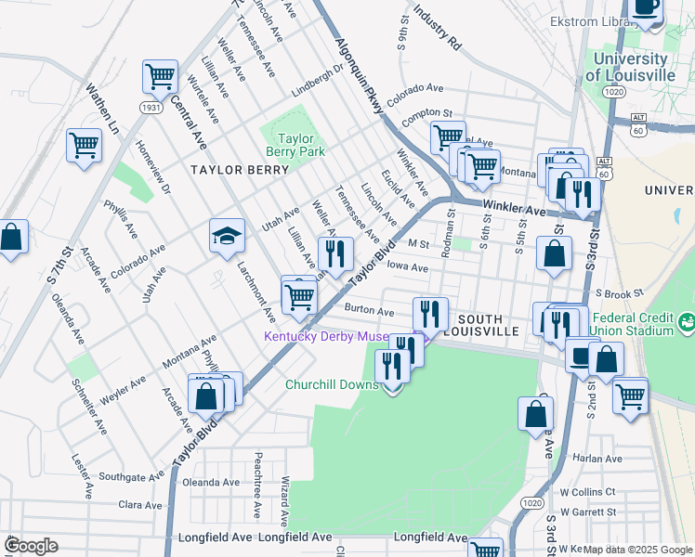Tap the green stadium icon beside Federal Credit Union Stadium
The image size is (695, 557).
[687, 323]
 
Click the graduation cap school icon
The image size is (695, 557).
[226, 236]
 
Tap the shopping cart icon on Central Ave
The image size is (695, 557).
[160, 76]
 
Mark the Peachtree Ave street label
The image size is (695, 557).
[257, 476]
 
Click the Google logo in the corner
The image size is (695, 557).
[32, 545]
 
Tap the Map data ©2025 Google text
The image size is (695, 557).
[637, 550]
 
